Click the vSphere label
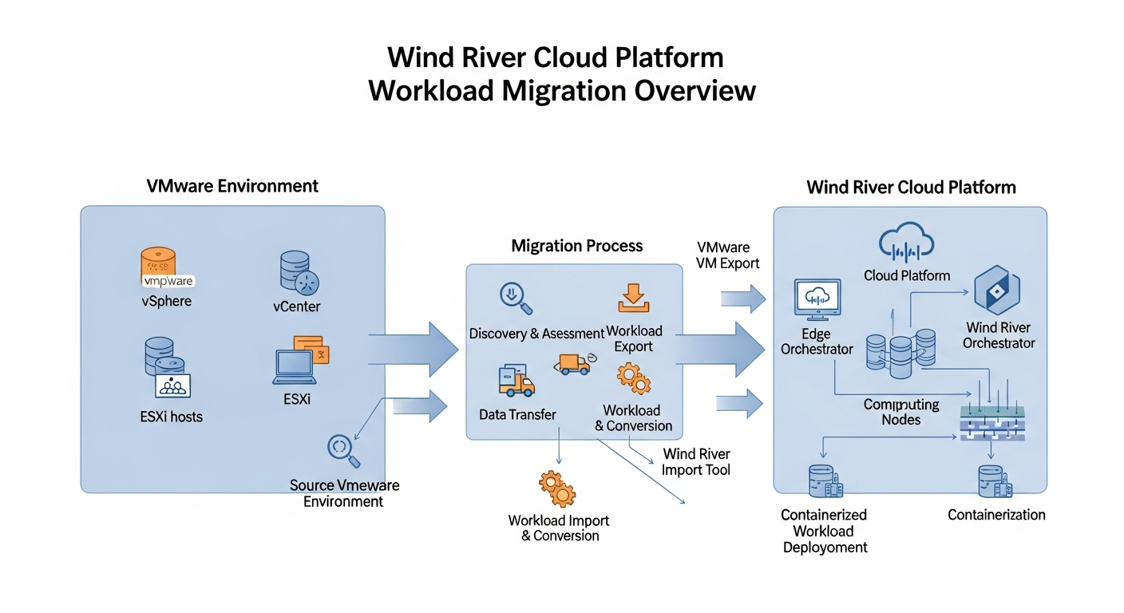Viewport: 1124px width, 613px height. point(167,301)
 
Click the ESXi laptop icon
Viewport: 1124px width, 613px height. point(293,366)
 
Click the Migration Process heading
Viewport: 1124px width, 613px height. point(576,245)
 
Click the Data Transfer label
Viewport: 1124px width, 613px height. point(517,414)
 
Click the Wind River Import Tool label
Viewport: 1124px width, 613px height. point(696,461)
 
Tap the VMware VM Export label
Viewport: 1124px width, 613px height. point(728,255)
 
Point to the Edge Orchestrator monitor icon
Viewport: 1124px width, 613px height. point(817,299)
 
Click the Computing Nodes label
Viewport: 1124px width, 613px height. point(901,413)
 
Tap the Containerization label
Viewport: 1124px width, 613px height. point(996,515)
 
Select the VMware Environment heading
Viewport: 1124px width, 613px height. point(232,186)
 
